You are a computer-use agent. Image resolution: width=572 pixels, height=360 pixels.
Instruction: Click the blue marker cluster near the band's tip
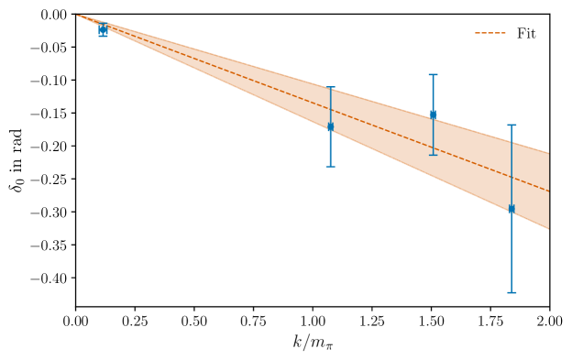click(x=103, y=30)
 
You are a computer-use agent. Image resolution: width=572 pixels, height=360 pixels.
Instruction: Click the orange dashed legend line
click(x=489, y=33)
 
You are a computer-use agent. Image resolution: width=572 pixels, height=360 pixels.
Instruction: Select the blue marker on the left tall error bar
click(x=330, y=126)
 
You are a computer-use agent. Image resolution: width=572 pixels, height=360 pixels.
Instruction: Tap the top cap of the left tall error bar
click(x=330, y=88)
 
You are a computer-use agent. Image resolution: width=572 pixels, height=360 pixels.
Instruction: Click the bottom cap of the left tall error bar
click(x=330, y=167)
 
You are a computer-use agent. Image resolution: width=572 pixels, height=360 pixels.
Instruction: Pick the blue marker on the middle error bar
click(x=433, y=115)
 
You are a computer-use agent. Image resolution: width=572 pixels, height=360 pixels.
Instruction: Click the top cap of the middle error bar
click(x=433, y=75)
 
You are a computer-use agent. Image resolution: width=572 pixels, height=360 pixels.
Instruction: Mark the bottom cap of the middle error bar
click(x=433, y=155)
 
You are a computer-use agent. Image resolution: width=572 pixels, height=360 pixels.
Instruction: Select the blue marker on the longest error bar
click(x=511, y=209)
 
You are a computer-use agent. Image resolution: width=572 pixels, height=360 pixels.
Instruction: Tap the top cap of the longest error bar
click(x=511, y=125)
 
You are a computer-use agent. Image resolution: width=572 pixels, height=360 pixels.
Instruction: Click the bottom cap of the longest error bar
click(x=511, y=292)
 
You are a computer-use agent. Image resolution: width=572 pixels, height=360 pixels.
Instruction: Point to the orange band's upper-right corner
click(x=547, y=153)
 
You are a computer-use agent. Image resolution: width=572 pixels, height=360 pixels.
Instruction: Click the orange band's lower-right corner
click(x=547, y=228)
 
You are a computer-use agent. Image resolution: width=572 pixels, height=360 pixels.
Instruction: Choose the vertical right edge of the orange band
click(x=548, y=191)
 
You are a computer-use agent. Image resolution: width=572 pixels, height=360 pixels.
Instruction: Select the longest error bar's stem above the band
click(x=511, y=133)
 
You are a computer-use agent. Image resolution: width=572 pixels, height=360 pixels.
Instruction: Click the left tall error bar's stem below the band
click(x=330, y=151)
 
